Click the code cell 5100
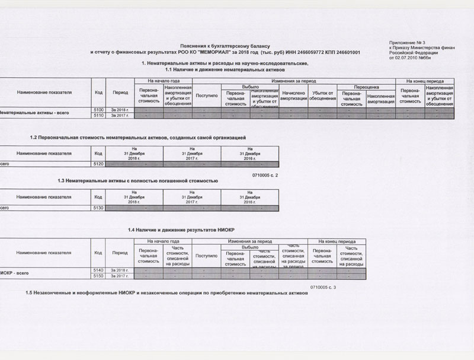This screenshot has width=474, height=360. coord(98,110)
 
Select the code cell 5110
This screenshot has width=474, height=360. coord(98,116)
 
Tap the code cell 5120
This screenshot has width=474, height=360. coord(98,164)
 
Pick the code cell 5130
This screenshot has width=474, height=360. coord(98,208)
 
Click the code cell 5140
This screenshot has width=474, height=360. coord(98,270)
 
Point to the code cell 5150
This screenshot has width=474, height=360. coord(98,276)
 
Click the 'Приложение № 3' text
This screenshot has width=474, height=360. coord(408,43)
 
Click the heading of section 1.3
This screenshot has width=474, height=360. coord(138,180)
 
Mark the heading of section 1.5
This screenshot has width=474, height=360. coord(167,294)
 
